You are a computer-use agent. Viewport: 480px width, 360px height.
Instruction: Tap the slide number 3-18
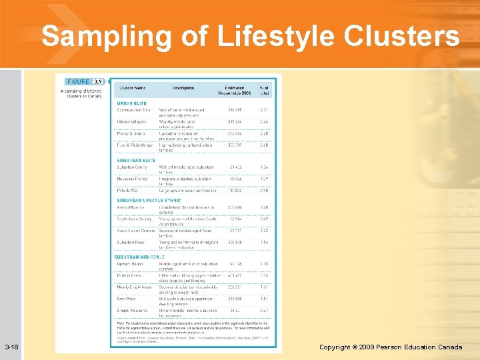click(11, 347)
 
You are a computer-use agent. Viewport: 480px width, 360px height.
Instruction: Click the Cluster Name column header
click(132, 88)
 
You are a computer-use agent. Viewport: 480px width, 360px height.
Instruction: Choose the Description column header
click(182, 88)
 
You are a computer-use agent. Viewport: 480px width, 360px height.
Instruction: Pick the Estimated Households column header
click(234, 90)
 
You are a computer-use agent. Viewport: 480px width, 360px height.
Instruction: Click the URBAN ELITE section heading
click(132, 103)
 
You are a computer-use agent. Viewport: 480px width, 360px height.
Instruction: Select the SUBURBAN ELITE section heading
click(136, 160)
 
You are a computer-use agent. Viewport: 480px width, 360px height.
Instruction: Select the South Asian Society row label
click(135, 219)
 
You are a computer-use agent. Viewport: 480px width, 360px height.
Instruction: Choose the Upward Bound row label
click(131, 264)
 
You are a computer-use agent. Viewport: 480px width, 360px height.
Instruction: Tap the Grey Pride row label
click(127, 299)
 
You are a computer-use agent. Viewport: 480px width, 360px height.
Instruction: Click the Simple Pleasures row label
click(133, 311)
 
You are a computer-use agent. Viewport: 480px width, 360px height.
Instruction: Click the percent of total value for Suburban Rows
click(264, 243)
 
